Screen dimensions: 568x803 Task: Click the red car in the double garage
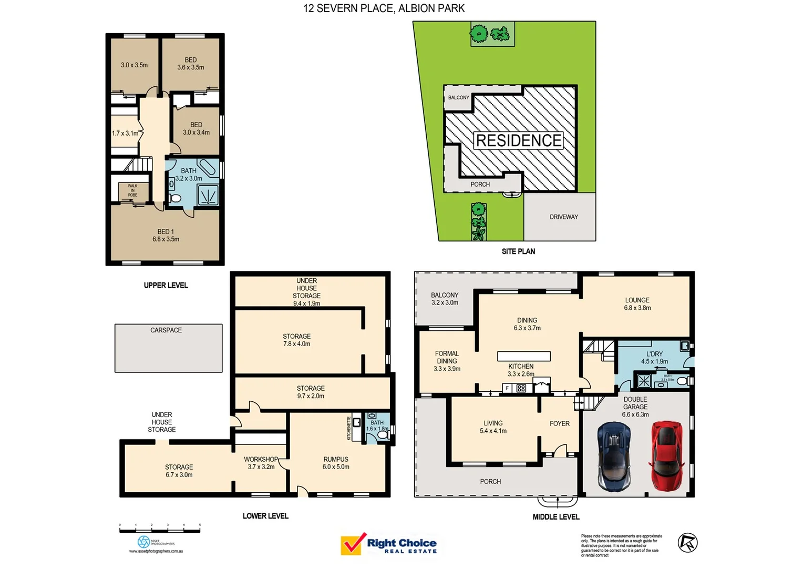point(666,456)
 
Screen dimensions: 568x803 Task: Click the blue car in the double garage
point(613,456)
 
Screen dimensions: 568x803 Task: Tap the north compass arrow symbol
point(687,543)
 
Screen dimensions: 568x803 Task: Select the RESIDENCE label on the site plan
point(519,140)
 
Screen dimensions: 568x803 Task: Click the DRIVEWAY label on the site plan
point(563,217)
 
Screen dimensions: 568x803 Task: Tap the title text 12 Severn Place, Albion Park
point(384,8)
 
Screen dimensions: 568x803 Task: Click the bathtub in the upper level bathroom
point(207,167)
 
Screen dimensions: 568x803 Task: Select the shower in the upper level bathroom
point(208,196)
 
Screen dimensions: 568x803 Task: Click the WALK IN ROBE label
point(132,190)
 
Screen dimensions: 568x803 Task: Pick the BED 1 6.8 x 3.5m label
point(166,236)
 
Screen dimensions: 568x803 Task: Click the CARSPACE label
point(166,330)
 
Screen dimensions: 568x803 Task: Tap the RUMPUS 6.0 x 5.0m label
point(336,463)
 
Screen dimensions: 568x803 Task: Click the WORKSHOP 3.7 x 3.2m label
point(261,463)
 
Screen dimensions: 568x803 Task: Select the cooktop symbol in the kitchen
point(521,388)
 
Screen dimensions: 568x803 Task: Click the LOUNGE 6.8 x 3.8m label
point(637,304)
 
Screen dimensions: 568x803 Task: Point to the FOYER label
point(559,423)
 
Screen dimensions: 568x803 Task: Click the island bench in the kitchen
point(524,356)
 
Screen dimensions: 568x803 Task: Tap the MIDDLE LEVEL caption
point(555,517)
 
